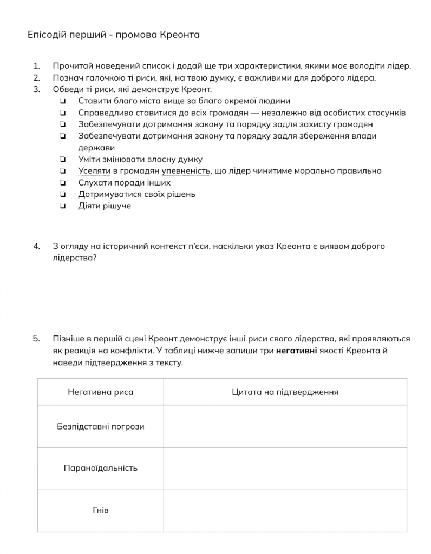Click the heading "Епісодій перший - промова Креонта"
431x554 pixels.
pyautogui.click(x=114, y=35)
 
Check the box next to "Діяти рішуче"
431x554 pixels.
pyautogui.click(x=63, y=206)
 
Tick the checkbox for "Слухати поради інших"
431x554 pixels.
pyautogui.click(x=63, y=183)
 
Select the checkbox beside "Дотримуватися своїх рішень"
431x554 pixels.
pyautogui.click(x=63, y=194)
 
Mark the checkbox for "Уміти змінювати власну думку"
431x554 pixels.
pyautogui.click(x=63, y=160)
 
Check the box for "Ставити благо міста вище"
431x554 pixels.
pyautogui.click(x=63, y=101)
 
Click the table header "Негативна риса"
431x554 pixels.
pyautogui.click(x=100, y=392)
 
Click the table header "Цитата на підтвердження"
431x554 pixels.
pyautogui.click(x=285, y=392)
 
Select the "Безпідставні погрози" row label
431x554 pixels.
pyautogui.click(x=100, y=426)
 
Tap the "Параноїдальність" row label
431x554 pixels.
pyautogui.click(x=100, y=468)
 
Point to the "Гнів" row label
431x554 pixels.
pyautogui.click(x=100, y=510)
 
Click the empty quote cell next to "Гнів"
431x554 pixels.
pyautogui.click(x=285, y=510)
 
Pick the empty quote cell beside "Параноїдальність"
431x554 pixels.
pyautogui.click(x=285, y=468)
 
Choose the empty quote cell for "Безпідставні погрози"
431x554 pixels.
pyautogui.click(x=285, y=426)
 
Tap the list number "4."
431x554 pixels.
pyautogui.click(x=37, y=246)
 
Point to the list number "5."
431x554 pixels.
pyautogui.click(x=37, y=339)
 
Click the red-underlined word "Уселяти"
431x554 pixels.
pyautogui.click(x=94, y=171)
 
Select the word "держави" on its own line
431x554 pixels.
pyautogui.click(x=96, y=148)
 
